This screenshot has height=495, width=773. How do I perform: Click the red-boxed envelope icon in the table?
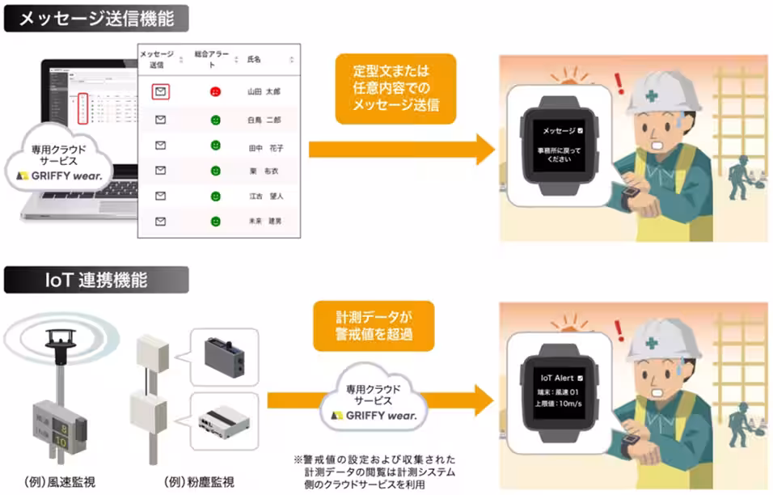tap(160, 91)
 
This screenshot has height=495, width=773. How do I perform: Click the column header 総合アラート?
tap(212, 58)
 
